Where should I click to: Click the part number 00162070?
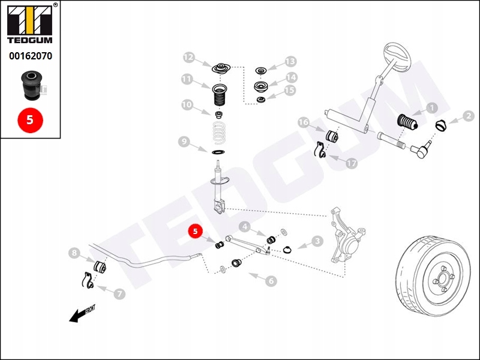30,57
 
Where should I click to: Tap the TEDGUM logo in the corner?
30,24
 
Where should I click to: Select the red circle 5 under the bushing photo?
30,119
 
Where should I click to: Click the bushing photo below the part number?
30,85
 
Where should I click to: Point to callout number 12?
189,58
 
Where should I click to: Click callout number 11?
187,79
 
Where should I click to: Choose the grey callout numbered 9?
184,142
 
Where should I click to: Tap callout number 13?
290,61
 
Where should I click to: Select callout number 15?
290,91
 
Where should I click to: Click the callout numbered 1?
431,108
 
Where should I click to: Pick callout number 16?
304,123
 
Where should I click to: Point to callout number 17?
351,163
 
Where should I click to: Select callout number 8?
74,253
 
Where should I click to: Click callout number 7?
120,294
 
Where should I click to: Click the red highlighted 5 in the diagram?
195,231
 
